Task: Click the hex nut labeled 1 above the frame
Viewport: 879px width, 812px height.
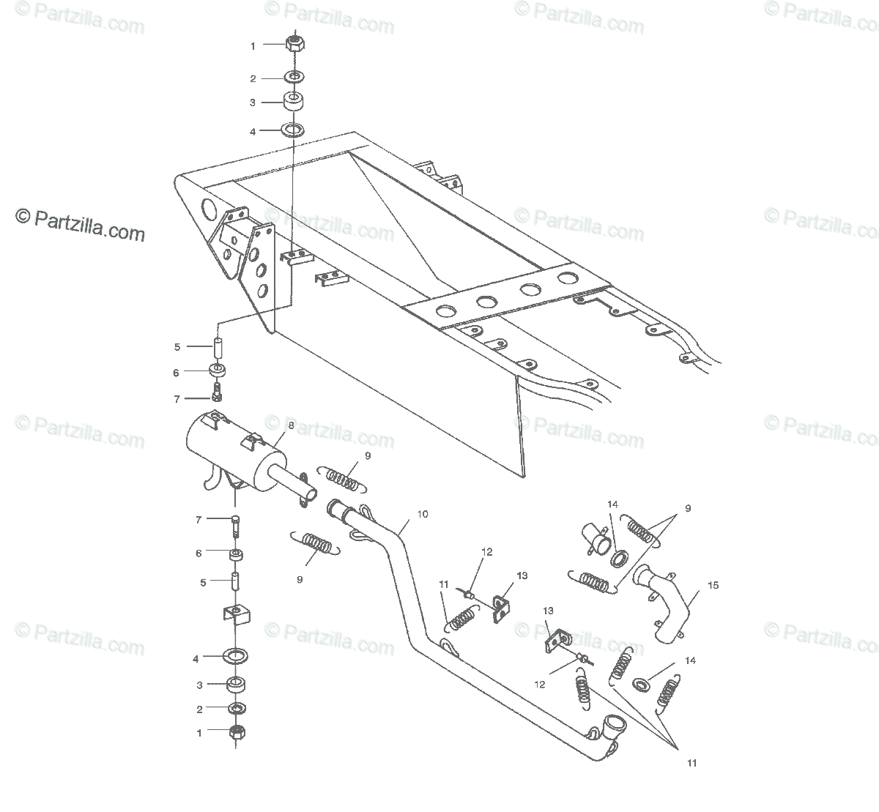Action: pyautogui.click(x=294, y=43)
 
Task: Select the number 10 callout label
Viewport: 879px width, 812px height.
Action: pyautogui.click(x=422, y=514)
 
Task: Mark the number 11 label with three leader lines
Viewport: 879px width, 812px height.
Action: pyautogui.click(x=691, y=763)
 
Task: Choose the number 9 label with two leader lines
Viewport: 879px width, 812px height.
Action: pyautogui.click(x=687, y=508)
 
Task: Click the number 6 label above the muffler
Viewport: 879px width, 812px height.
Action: pyautogui.click(x=176, y=373)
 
